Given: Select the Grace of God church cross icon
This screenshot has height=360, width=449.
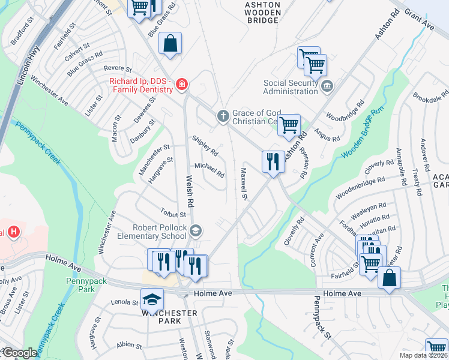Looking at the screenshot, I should tap(223, 115).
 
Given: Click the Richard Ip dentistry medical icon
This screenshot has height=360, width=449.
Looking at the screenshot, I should tap(181, 86).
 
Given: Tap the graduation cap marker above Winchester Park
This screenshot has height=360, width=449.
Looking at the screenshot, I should tap(152, 299).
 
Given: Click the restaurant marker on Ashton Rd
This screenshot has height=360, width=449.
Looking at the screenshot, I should tap(273, 161).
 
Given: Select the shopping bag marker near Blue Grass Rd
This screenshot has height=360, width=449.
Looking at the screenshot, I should tap(170, 43).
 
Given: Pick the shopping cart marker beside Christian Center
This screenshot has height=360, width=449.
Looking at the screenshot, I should tap(289, 125).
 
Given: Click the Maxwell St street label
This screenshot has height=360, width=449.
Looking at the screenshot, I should tap(244, 183).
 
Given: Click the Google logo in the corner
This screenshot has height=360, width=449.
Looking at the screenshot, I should tap(19, 353).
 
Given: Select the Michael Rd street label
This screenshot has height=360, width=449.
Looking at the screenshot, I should tap(209, 170).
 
